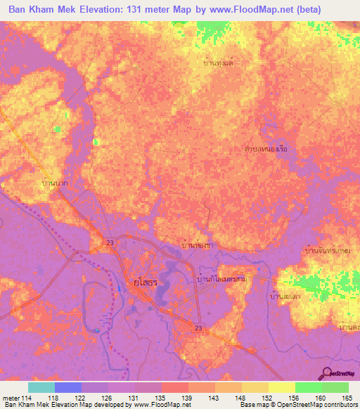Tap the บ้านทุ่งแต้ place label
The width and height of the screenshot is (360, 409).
pyautogui.click(x=218, y=63)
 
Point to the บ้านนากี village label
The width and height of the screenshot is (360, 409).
pyautogui.click(x=55, y=183)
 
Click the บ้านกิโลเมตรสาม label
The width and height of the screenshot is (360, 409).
pyautogui.click(x=221, y=280)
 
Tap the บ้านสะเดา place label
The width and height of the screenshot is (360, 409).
pyautogui.click(x=284, y=297)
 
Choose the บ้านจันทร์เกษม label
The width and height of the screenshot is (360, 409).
pyautogui.click(x=329, y=251)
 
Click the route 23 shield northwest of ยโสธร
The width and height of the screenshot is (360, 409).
pyautogui.click(x=110, y=243)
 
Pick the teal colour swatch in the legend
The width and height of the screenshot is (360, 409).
pyautogui.click(x=41, y=387)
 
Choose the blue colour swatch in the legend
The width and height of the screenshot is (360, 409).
pyautogui.click(x=68, y=387)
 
